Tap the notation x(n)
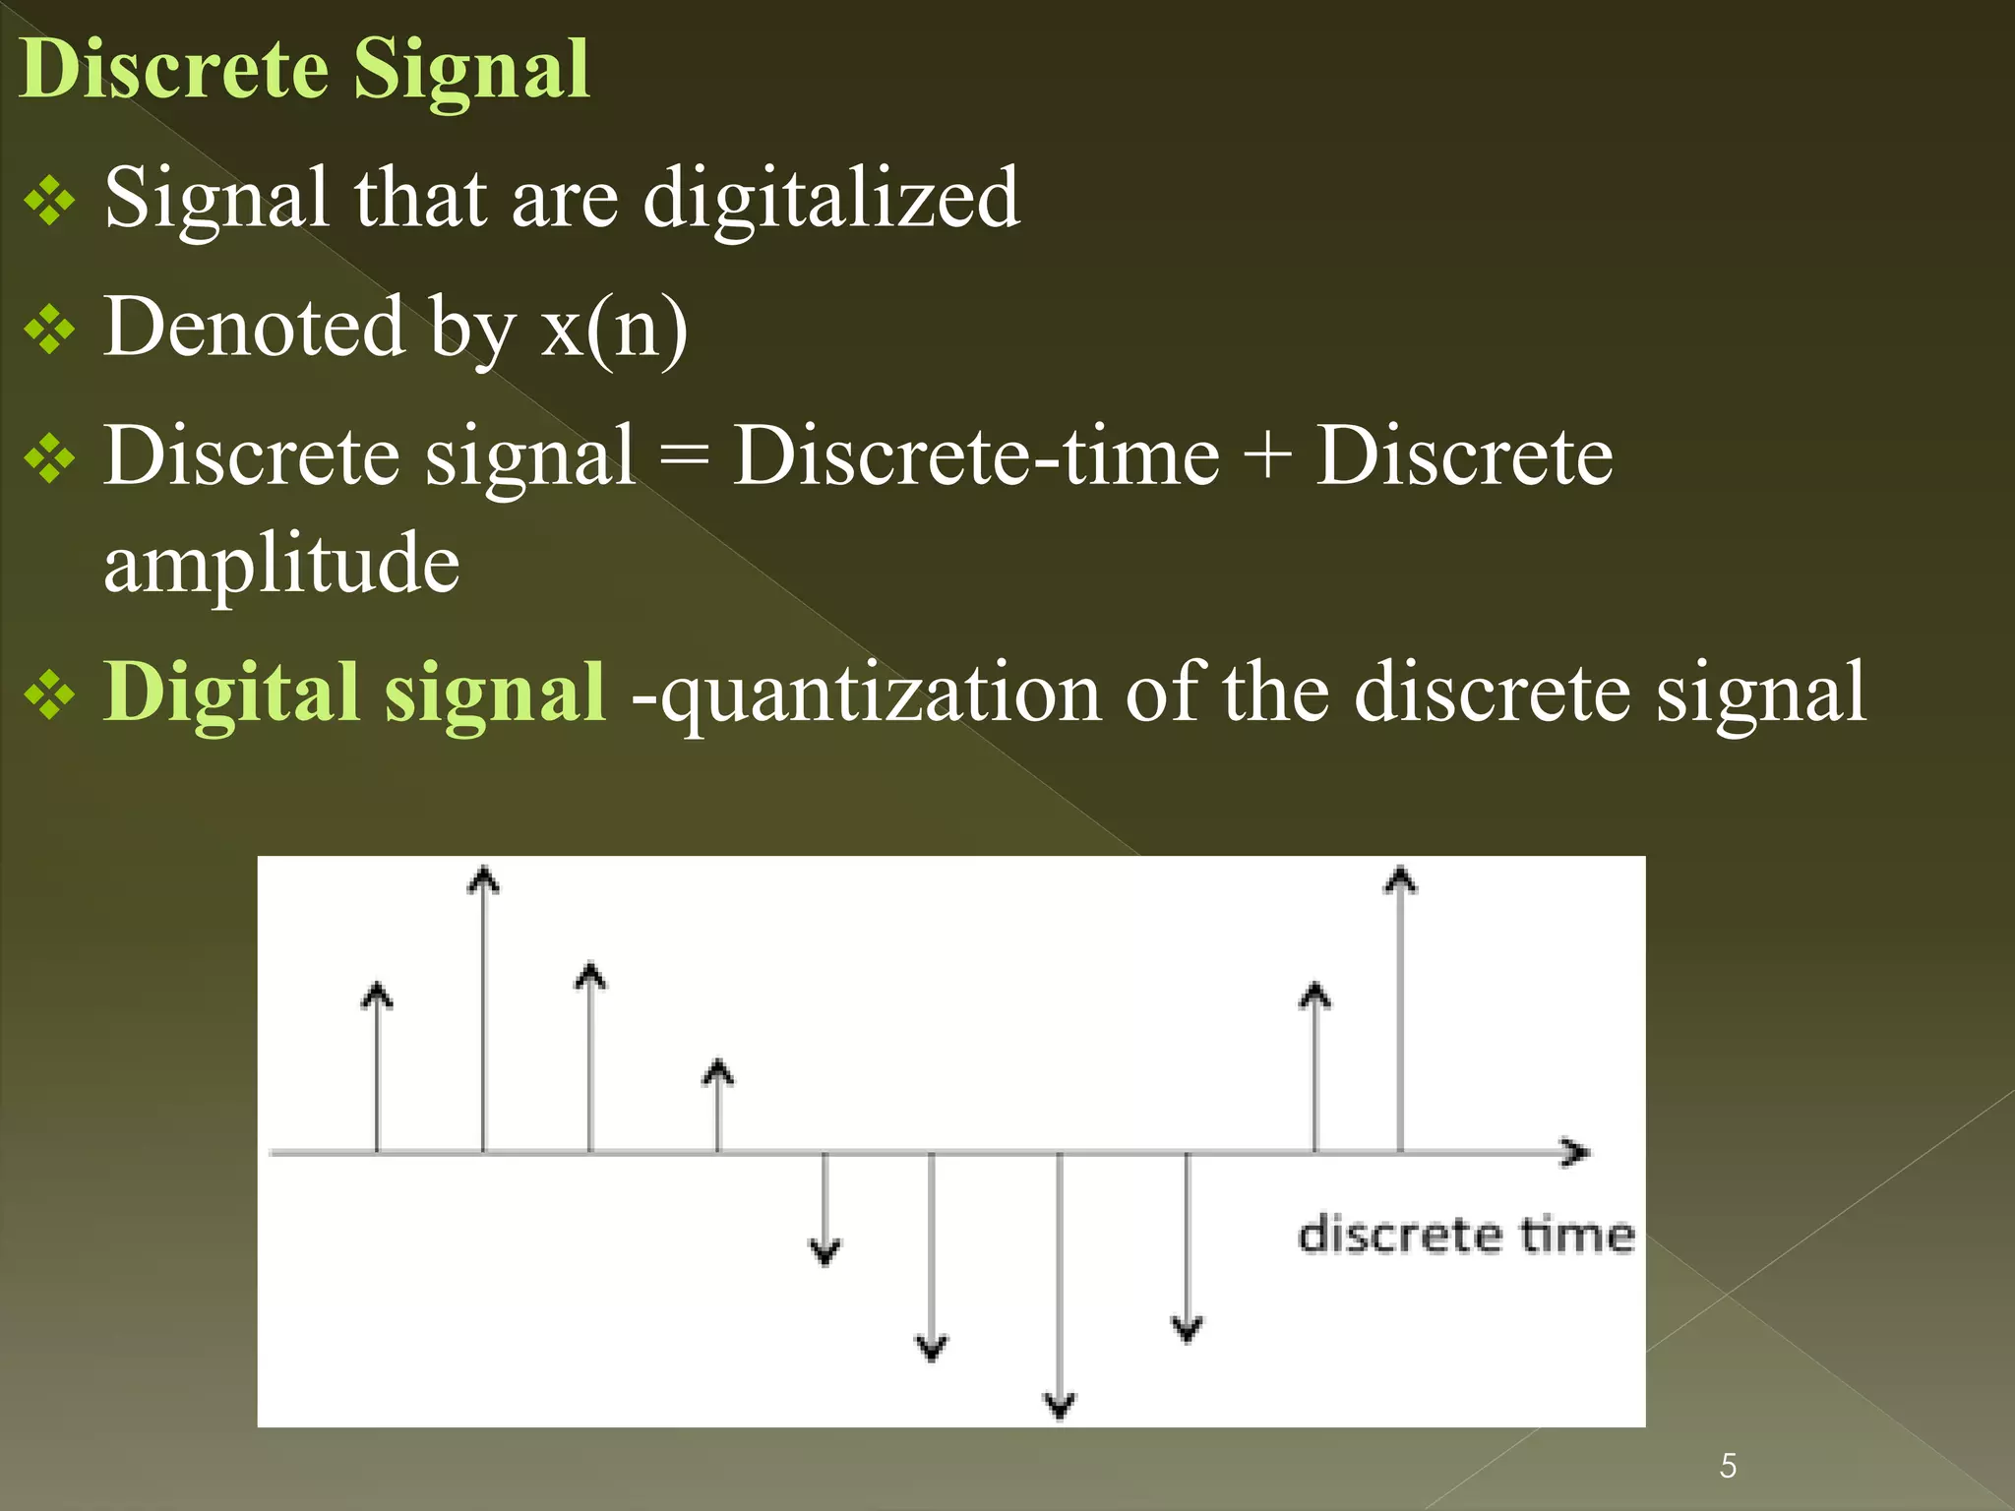pos(614,328)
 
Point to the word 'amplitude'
pos(281,565)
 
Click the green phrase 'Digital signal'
pos(354,693)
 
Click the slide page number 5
pos(1728,1466)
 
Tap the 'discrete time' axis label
pos(1465,1236)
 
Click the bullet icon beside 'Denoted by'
pos(49,330)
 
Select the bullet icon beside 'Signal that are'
pos(49,202)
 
